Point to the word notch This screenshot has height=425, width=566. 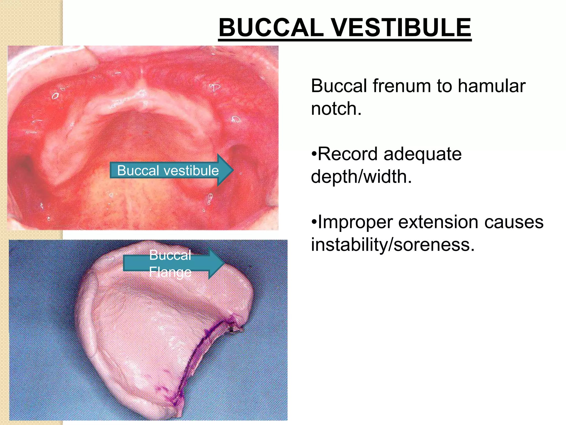tap(336, 108)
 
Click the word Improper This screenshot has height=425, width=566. tap(355, 222)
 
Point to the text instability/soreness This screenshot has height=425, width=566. tap(392, 245)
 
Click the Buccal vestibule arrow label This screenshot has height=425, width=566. tap(168, 170)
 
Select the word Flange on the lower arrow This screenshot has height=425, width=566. tap(170, 272)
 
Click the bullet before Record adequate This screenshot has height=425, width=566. tap(314, 154)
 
